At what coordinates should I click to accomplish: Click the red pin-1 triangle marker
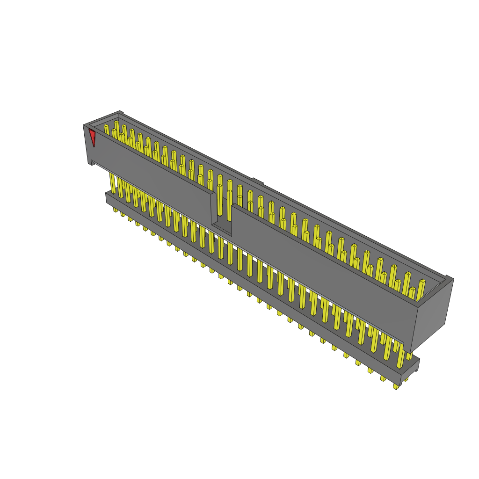coord(92,138)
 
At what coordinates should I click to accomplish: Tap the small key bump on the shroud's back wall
coord(256,180)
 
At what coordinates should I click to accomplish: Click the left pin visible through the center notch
coord(219,201)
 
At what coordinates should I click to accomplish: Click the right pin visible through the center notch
coord(229,201)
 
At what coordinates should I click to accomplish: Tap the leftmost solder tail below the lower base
coord(115,210)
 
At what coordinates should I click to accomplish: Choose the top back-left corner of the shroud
coord(120,112)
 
